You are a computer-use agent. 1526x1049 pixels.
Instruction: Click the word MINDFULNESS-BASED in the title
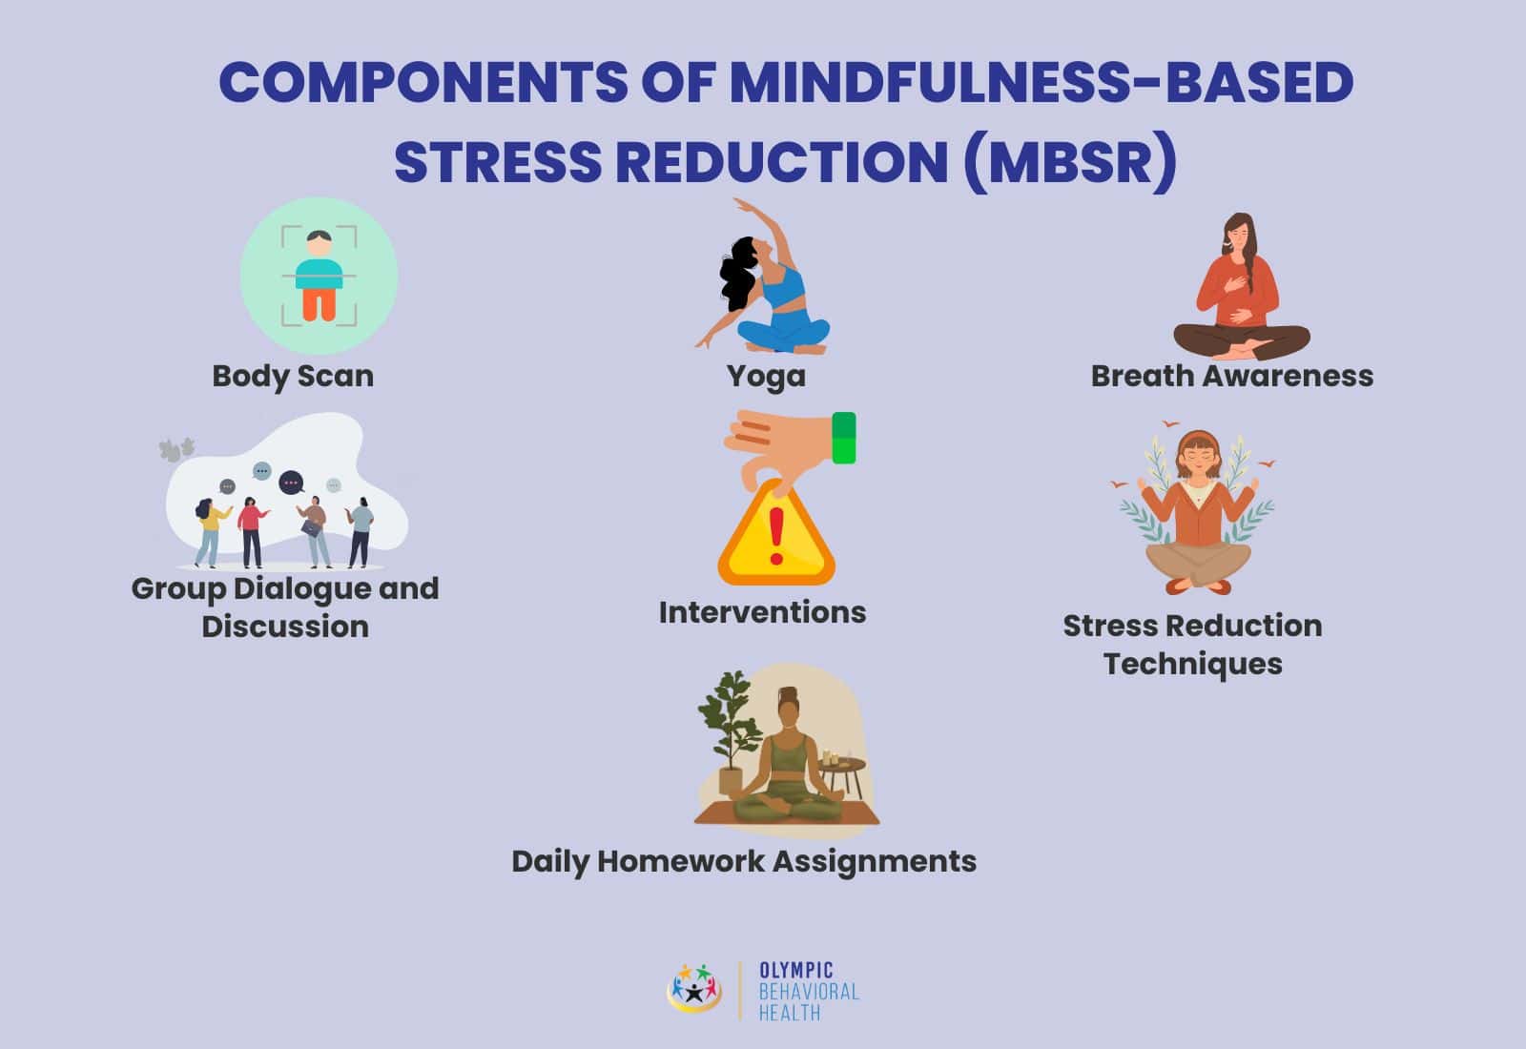pyautogui.click(x=1041, y=83)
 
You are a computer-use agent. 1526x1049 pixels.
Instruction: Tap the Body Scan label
pyautogui.click(x=293, y=376)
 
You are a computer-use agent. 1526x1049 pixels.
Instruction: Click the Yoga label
pyautogui.click(x=766, y=376)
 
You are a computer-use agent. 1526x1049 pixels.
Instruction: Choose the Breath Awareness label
pyautogui.click(x=1231, y=376)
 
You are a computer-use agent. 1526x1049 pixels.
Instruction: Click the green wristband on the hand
pyautogui.click(x=843, y=438)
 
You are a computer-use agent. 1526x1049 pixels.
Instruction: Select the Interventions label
pyautogui.click(x=762, y=612)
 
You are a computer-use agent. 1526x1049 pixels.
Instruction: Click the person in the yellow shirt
pyautogui.click(x=210, y=529)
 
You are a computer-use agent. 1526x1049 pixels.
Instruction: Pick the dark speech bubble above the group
pyautogui.click(x=291, y=483)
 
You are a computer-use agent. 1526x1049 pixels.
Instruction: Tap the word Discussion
pyautogui.click(x=285, y=627)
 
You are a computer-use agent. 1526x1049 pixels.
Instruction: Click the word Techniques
pyautogui.click(x=1192, y=664)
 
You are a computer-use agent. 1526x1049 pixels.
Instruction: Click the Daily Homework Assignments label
pyautogui.click(x=743, y=861)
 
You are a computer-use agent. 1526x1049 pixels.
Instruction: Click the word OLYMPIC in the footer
pyautogui.click(x=795, y=971)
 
